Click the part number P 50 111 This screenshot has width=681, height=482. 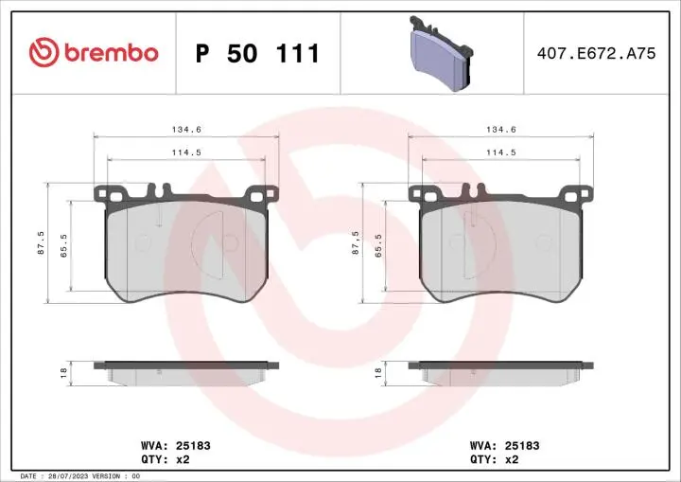click(257, 54)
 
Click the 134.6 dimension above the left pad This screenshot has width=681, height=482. click(186, 130)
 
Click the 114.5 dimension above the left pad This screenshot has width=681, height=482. click(186, 152)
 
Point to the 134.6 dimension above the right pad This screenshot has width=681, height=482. click(500, 130)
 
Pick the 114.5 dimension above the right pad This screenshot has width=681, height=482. click(500, 152)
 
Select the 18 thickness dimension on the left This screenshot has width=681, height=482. click(63, 373)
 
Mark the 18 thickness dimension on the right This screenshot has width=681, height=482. click(377, 373)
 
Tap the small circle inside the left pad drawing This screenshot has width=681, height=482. click(143, 242)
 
